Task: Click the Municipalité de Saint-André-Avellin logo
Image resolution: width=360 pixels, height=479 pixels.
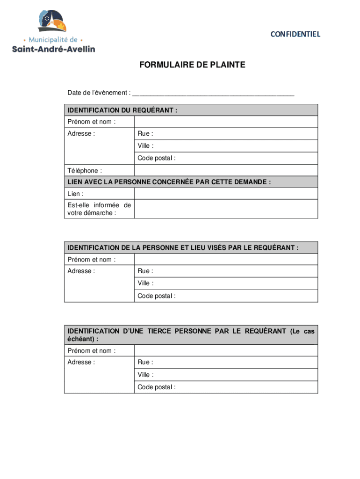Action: (x=53, y=31)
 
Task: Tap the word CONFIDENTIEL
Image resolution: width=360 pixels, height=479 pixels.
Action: (x=295, y=34)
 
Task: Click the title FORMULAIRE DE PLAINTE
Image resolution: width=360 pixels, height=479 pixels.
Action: (x=192, y=65)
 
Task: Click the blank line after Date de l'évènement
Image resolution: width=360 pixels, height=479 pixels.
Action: (x=213, y=93)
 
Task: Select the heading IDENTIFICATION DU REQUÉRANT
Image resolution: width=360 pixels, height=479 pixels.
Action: (x=122, y=110)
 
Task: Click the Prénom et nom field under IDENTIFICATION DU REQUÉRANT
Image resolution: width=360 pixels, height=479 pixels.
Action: (x=226, y=122)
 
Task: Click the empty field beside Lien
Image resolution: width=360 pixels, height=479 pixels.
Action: (x=226, y=194)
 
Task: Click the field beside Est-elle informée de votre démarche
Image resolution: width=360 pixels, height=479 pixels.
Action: (x=226, y=209)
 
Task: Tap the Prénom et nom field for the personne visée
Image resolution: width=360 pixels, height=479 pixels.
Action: (x=226, y=260)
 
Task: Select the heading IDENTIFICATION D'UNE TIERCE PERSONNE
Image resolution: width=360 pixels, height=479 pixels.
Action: (x=191, y=334)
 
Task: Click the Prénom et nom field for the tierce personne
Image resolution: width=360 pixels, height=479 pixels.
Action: (x=226, y=351)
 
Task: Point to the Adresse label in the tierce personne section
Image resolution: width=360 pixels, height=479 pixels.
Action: (x=81, y=363)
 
